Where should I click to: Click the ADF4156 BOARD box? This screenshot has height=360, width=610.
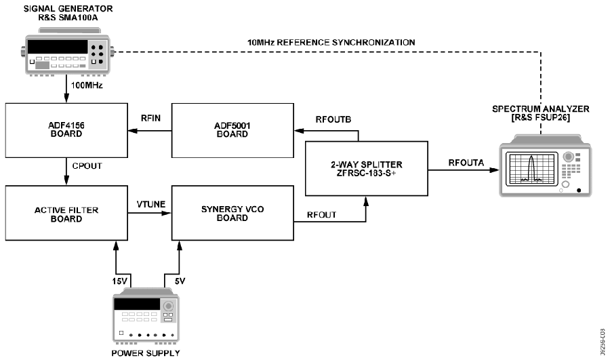click(66, 130)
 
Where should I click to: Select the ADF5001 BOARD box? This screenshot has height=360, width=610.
click(232, 130)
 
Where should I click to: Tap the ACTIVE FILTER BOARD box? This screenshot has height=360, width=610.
click(66, 213)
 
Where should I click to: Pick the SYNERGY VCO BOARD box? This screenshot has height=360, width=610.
click(232, 213)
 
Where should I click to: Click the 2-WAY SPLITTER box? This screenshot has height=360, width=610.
click(367, 169)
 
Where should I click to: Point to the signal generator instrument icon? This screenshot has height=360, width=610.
click(68, 52)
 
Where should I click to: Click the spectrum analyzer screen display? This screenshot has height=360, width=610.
click(531, 169)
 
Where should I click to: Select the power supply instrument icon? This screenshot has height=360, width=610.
click(146, 317)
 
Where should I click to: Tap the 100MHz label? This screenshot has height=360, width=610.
click(87, 85)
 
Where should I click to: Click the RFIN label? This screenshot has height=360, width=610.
click(150, 118)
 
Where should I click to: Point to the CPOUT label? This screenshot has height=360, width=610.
click(87, 166)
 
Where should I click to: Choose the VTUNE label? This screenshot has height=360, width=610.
click(151, 204)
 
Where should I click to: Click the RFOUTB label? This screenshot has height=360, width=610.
click(333, 119)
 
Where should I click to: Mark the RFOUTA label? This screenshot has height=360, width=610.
click(466, 163)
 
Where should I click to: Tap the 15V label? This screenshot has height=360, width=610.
click(119, 281)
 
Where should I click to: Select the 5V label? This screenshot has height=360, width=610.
click(180, 281)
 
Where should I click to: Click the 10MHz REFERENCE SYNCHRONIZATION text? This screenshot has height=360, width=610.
click(331, 42)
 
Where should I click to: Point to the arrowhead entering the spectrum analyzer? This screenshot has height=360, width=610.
click(495, 170)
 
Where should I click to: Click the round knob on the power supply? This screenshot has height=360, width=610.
click(169, 306)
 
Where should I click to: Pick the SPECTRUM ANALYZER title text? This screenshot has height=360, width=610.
click(540, 109)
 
